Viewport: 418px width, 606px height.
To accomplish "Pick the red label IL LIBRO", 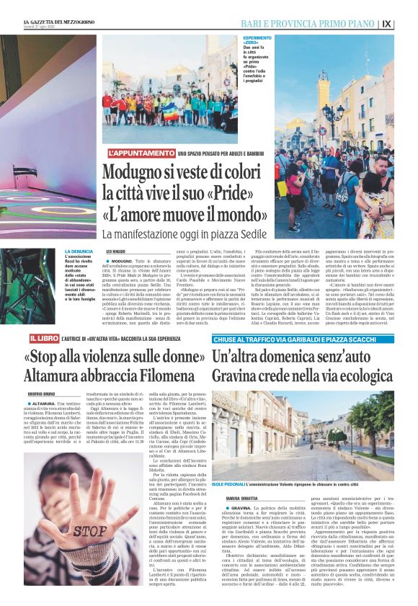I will click(44, 338).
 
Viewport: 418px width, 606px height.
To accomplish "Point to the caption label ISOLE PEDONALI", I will click(228, 466).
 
